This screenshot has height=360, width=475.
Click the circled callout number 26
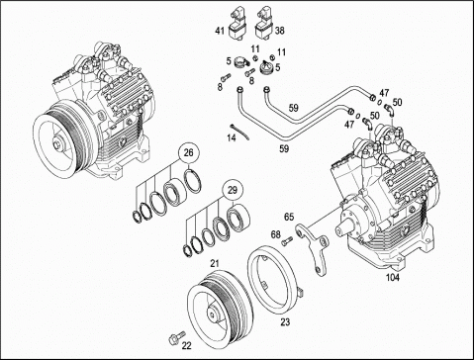[188, 153]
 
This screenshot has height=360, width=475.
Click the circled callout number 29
[233, 190]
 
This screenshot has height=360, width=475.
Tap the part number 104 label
[393, 278]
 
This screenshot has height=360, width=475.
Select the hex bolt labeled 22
[174, 337]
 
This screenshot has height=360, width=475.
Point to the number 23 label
[285, 322]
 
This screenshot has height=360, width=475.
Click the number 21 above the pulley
[215, 263]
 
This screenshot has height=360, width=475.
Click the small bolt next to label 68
[287, 241]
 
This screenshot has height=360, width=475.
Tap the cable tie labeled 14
[239, 132]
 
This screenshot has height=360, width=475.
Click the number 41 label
[220, 31]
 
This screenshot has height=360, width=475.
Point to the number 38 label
[280, 31]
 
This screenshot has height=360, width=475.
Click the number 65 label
[289, 217]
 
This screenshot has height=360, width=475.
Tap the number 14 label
[232, 137]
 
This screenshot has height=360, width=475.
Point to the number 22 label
[186, 346]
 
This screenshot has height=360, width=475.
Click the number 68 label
[276, 234]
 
